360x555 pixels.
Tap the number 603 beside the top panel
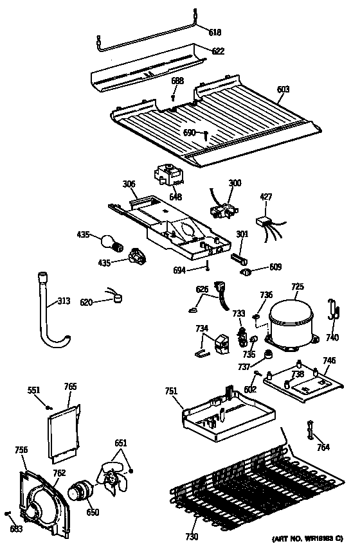(x=283, y=100)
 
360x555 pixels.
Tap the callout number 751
(x=170, y=391)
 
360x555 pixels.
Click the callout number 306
(x=129, y=184)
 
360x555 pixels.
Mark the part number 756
(x=21, y=450)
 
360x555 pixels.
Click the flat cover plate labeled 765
(x=64, y=431)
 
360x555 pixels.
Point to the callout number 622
(x=219, y=51)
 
